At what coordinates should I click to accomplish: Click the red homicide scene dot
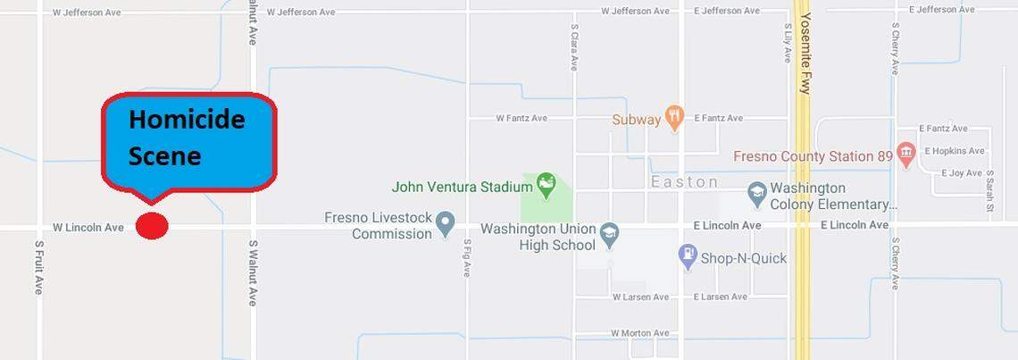(152, 226)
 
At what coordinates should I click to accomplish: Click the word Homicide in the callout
(186, 120)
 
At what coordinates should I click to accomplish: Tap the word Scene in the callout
(164, 156)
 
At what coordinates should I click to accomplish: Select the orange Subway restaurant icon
(675, 117)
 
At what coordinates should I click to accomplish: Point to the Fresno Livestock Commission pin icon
(446, 224)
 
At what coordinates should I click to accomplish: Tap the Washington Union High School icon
(610, 234)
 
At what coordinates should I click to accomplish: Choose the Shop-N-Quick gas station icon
(687, 257)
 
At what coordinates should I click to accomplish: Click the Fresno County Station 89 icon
(906, 155)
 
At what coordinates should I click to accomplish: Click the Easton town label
(685, 182)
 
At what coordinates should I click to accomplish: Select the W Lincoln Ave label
(88, 228)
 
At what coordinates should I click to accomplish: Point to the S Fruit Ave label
(39, 267)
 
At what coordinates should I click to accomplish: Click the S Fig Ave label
(466, 257)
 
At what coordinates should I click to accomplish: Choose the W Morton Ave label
(639, 333)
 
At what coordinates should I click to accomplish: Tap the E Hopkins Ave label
(955, 151)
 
